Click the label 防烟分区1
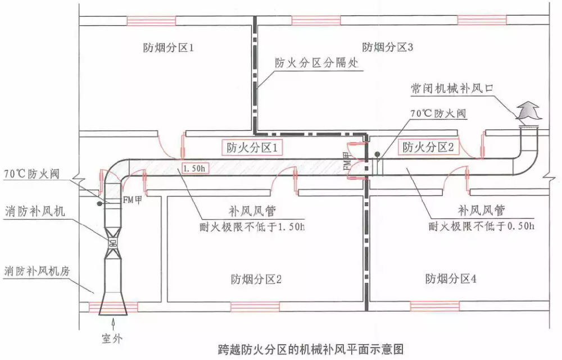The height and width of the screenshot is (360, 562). click(x=169, y=48)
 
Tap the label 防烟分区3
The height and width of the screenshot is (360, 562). click(x=387, y=47)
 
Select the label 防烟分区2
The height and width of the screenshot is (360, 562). click(x=256, y=279)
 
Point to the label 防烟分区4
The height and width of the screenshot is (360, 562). click(x=451, y=279)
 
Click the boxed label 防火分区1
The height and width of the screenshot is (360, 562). click(x=252, y=148)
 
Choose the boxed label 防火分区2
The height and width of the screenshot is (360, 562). click(x=428, y=147)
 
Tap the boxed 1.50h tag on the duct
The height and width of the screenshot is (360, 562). click(x=194, y=168)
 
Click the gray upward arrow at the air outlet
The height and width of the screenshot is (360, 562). click(x=529, y=111)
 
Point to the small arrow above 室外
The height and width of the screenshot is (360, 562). click(x=114, y=325)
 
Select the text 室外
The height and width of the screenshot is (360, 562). click(x=112, y=339)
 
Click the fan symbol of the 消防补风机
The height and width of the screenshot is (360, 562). click(x=114, y=243)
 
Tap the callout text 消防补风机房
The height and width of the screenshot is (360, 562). click(x=37, y=271)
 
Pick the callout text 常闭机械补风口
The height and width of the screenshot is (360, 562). click(x=452, y=88)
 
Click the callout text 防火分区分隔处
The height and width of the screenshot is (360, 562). click(x=317, y=63)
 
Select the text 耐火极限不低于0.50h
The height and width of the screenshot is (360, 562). click(x=482, y=226)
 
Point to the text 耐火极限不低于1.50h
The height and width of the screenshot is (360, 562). click(x=252, y=227)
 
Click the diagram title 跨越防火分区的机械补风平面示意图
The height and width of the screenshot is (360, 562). click(x=311, y=349)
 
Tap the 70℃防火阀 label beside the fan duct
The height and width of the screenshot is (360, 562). click(x=32, y=174)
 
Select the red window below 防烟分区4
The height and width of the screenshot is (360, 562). click(x=434, y=306)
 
